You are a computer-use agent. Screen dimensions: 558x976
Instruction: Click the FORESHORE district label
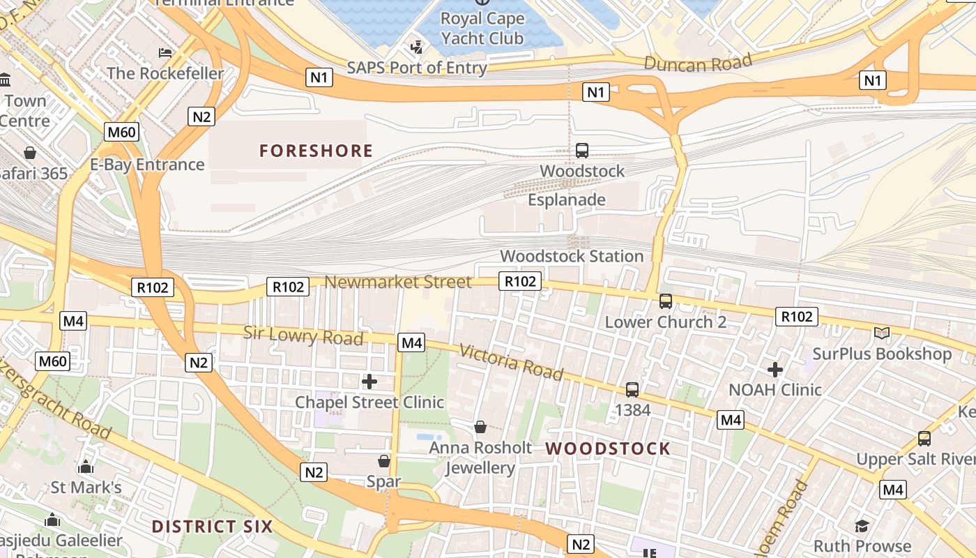pos(316,151)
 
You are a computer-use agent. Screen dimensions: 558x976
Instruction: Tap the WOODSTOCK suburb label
pos(607,448)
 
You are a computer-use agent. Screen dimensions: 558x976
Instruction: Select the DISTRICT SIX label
pos(212,526)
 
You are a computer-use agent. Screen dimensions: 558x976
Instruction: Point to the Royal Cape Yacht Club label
pos(482,29)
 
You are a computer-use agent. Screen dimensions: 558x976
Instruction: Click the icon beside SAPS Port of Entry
pos(417,47)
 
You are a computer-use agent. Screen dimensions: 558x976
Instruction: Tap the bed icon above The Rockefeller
pos(165,53)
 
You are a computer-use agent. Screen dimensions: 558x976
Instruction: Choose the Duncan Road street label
pos(697,63)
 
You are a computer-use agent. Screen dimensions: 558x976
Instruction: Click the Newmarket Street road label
pos(398,282)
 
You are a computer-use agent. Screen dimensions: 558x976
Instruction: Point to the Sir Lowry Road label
pos(303,335)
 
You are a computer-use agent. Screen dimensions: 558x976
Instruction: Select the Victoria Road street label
pos(511,362)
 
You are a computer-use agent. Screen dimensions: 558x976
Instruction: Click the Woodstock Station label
pos(572,256)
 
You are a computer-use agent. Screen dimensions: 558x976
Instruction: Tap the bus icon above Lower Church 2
pos(666,301)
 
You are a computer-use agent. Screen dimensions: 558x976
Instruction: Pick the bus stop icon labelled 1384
pos(632,390)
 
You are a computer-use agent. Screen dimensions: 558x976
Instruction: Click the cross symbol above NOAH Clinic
pos(775,370)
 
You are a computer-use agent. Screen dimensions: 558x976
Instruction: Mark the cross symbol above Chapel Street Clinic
pos(369,382)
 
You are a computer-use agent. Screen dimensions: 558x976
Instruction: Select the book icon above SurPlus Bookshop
pos(882,333)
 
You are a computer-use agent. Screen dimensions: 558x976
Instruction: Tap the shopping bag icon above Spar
pos(383,461)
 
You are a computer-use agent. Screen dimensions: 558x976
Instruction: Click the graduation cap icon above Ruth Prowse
pos(862,526)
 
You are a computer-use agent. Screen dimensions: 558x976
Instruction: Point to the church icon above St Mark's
pos(86,467)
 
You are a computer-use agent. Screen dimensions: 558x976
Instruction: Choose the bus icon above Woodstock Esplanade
pos(581,150)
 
